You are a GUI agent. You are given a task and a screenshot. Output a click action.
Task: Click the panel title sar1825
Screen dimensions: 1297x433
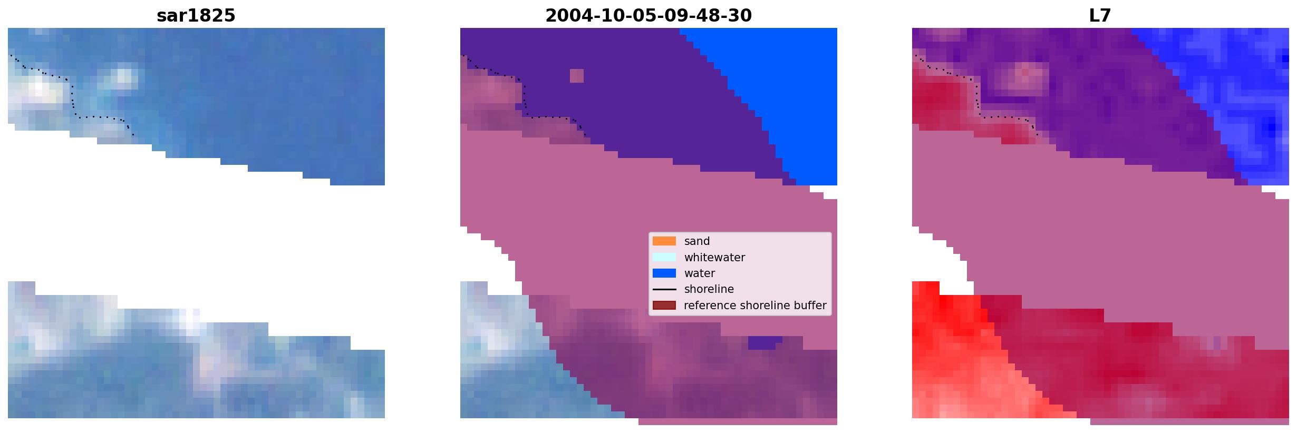click(x=196, y=15)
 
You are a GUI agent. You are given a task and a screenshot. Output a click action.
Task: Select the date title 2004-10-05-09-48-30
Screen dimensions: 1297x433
click(x=648, y=15)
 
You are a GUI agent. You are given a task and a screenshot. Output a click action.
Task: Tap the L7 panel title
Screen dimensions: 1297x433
click(x=1100, y=15)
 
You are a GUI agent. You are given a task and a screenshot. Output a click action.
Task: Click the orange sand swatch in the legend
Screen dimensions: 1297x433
click(x=664, y=241)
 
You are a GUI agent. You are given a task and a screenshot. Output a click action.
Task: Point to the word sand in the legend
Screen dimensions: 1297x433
click(x=697, y=241)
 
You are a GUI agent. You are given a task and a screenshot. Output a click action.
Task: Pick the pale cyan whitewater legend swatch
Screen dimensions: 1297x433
click(x=664, y=257)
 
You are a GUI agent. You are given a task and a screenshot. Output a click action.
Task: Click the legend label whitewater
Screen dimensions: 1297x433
click(x=714, y=258)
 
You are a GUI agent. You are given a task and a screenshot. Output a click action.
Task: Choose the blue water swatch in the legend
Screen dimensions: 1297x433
click(x=664, y=273)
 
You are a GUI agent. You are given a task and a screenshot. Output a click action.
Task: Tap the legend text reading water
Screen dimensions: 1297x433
click(x=700, y=273)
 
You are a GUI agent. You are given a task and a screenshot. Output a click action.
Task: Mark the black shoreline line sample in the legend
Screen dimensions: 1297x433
click(x=664, y=289)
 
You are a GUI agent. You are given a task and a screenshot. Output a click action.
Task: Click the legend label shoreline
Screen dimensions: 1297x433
click(x=709, y=289)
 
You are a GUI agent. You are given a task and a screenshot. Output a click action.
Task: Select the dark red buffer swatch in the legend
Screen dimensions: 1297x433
click(x=664, y=305)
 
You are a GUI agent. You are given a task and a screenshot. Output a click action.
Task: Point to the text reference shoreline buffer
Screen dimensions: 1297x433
click(x=755, y=306)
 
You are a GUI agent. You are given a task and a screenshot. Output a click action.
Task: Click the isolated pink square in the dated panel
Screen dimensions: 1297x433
click(x=577, y=76)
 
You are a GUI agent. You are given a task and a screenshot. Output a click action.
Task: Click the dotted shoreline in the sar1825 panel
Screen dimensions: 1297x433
click(x=72, y=95)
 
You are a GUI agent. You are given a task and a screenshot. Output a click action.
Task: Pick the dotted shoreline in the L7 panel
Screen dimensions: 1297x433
click(x=977, y=95)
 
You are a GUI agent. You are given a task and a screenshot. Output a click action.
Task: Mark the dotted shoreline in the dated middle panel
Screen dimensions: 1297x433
click(x=525, y=95)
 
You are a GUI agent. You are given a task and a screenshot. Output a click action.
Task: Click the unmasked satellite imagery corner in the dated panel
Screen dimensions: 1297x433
click(x=506, y=358)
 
